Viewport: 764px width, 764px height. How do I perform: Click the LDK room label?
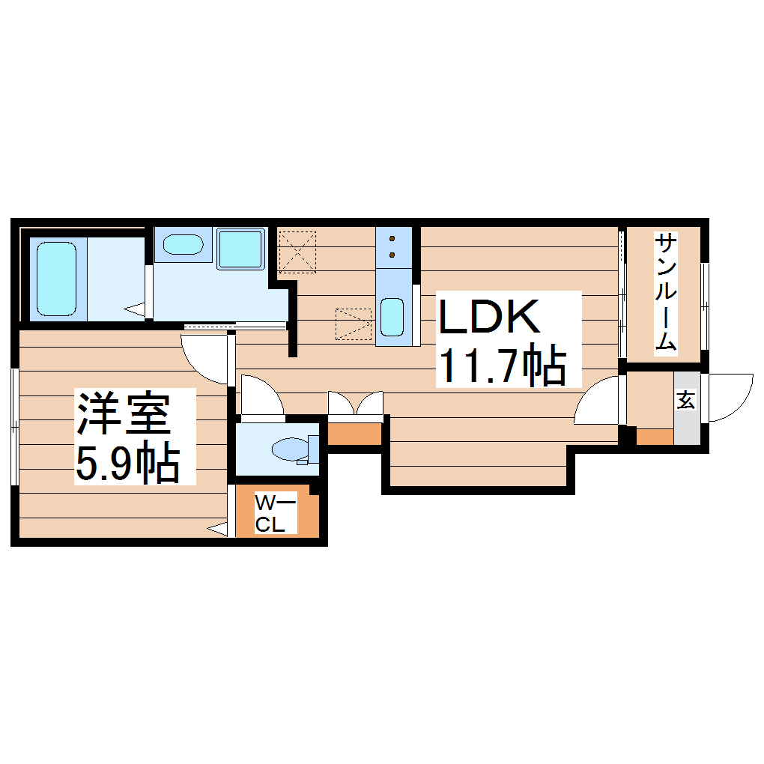[489, 318]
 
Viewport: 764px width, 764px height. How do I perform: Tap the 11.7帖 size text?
[500, 366]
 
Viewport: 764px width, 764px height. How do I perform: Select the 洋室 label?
[123, 415]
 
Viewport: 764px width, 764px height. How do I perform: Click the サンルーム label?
[666, 292]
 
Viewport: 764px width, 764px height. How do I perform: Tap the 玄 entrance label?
[685, 401]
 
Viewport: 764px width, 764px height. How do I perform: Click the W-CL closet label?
[270, 513]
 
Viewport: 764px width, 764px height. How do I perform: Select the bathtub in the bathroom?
[56, 278]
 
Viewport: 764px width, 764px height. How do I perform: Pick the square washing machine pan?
[240, 249]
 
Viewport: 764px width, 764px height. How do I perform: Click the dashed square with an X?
[297, 252]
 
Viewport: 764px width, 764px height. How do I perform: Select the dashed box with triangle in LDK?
[354, 324]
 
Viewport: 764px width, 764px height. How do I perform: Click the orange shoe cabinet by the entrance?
[654, 437]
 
